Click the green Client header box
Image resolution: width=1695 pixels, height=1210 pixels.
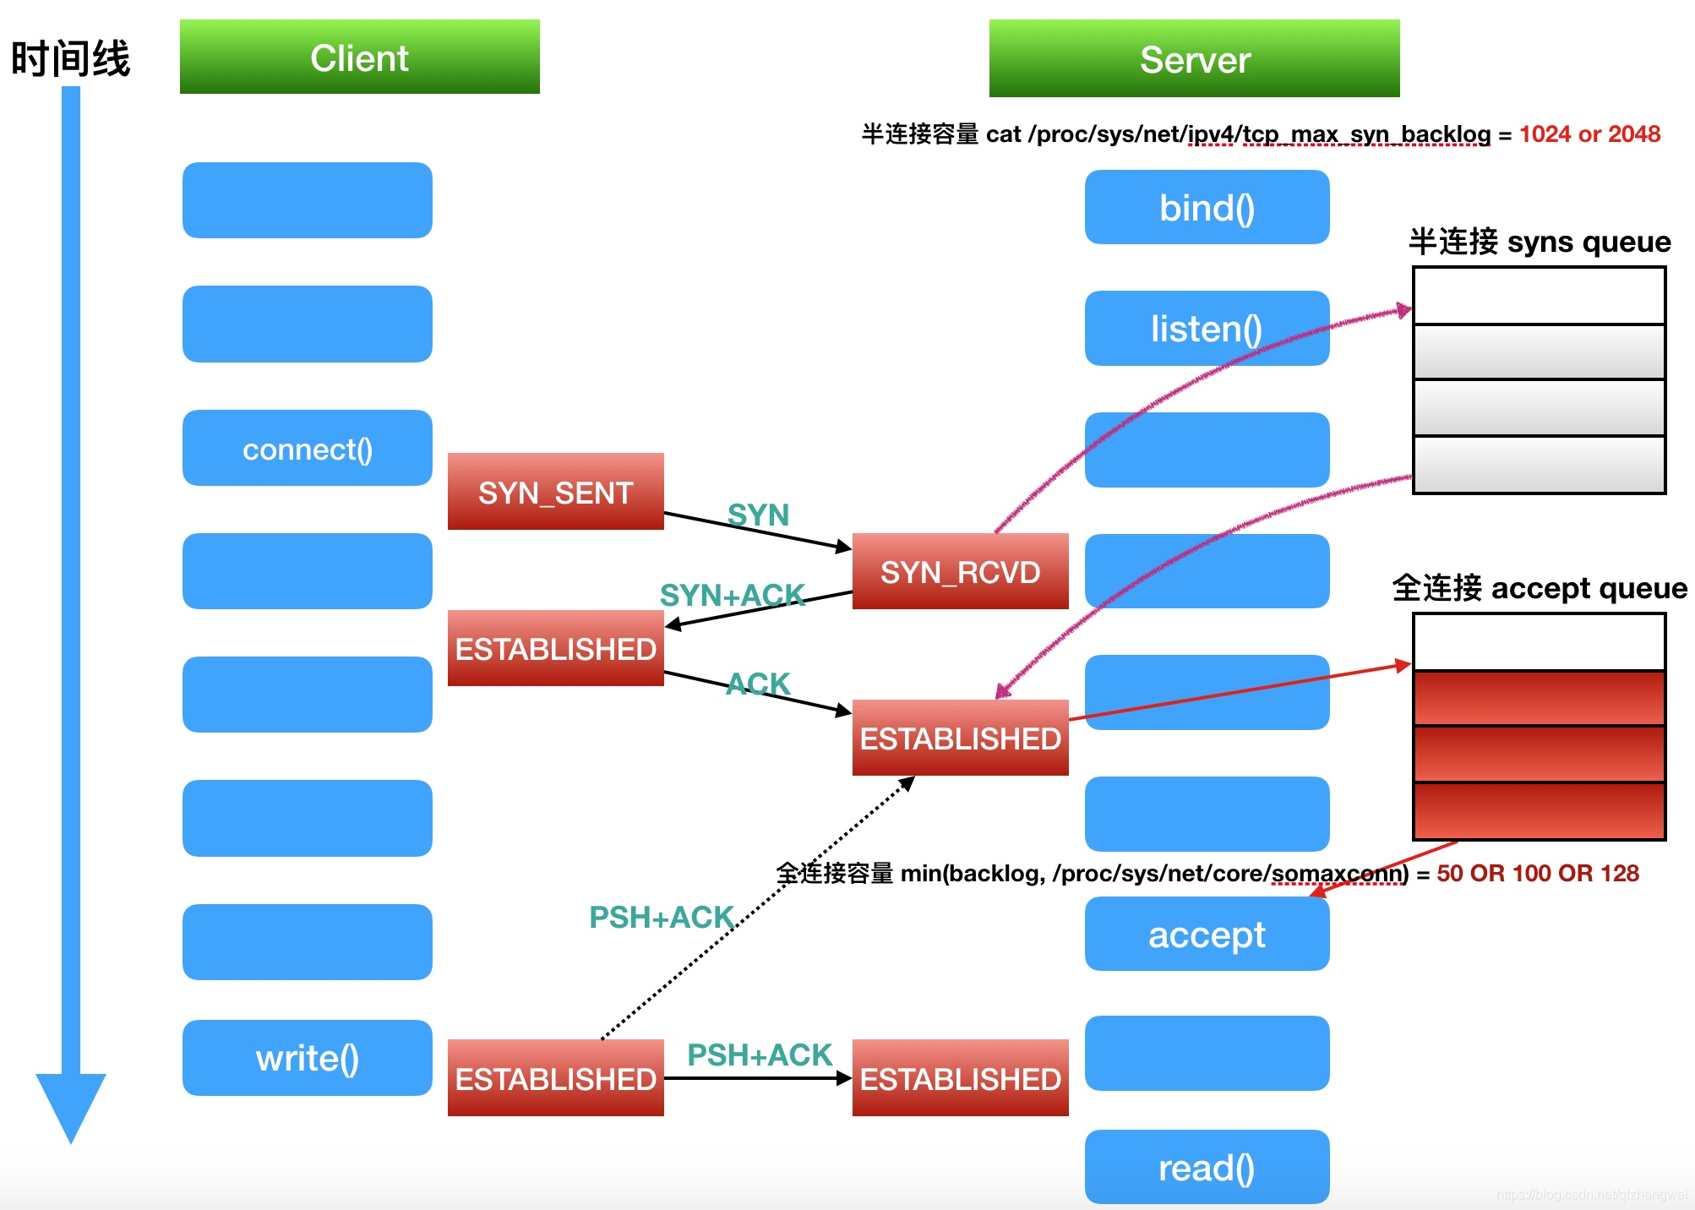[x=359, y=57]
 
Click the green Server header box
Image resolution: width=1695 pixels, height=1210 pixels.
[x=1193, y=58]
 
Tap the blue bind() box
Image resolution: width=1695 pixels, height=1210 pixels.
[x=1207, y=207]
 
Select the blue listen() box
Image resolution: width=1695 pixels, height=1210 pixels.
[x=1207, y=328]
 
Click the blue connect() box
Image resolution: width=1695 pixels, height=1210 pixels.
[x=307, y=448]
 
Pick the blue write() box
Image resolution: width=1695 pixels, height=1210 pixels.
[x=307, y=1058]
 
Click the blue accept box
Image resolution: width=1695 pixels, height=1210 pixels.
[x=1207, y=934]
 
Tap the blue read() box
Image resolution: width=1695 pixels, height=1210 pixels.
[x=1207, y=1167]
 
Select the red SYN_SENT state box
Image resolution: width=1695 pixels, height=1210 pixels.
[x=555, y=492]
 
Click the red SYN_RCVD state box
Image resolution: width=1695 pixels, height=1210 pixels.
[x=960, y=571]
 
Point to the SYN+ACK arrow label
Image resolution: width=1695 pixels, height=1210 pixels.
[x=732, y=595]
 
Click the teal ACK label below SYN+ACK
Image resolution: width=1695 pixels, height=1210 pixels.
[x=758, y=684]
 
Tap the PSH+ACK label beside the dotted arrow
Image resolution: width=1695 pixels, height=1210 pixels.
[x=661, y=917]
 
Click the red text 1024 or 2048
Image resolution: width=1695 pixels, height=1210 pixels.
[x=1589, y=134]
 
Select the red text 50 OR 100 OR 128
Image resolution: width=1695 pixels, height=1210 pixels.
[x=1537, y=873]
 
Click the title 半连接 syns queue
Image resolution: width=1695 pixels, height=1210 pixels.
[x=1539, y=242]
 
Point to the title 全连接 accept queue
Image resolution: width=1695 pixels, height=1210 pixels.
[x=1539, y=587]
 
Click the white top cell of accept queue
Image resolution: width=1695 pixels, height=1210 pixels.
[x=1539, y=642]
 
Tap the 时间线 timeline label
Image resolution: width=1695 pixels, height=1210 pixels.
[x=70, y=59]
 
